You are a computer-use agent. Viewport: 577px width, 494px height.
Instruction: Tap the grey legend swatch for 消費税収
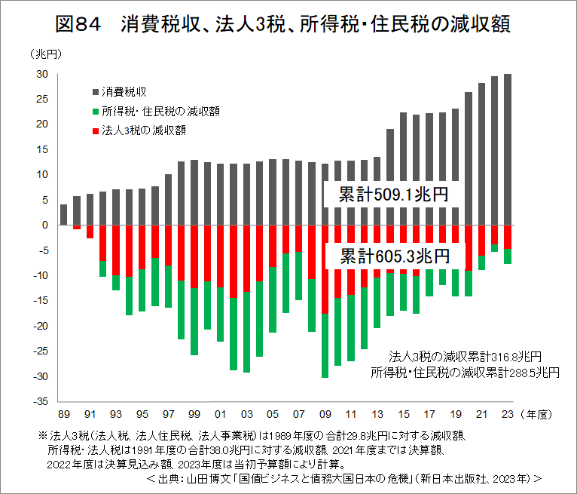95,91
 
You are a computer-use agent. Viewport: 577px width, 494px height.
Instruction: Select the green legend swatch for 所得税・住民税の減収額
95,111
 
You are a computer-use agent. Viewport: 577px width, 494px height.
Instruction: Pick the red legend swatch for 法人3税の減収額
95,130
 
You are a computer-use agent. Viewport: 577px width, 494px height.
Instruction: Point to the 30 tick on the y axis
42,74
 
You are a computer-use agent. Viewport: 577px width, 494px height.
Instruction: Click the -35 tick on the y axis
41,401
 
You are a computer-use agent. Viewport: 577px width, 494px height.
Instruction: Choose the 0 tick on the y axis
46,225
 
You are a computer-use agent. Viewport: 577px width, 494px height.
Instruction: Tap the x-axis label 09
325,414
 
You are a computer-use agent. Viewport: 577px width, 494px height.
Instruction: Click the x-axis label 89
64,414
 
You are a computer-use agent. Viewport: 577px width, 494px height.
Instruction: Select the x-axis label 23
508,414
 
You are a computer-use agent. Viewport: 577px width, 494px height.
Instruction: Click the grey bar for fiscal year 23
508,149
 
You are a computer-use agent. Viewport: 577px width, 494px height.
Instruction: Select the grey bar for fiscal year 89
64,215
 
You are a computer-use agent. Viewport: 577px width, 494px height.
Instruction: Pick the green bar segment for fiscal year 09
325,345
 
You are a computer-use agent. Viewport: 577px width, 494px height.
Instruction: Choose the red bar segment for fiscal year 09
325,269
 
